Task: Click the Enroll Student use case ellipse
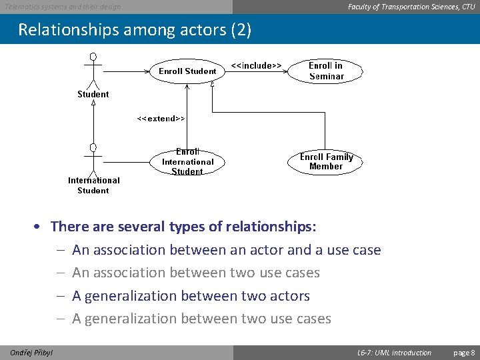(187, 71)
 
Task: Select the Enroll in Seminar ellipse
(326, 71)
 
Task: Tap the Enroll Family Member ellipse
(325, 162)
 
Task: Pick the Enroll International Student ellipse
(187, 162)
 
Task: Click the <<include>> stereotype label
(256, 65)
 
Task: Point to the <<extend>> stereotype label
(161, 118)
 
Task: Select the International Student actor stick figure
(93, 159)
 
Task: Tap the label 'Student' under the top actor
(93, 95)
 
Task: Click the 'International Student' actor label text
(93, 185)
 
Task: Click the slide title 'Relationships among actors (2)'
(135, 30)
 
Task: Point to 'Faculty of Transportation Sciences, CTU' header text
(411, 7)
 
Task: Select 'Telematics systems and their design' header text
(63, 7)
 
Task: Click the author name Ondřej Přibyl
(32, 353)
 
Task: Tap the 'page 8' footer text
(464, 353)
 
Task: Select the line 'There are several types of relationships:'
(183, 227)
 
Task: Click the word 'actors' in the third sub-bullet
(287, 295)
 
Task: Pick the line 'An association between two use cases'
(196, 273)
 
